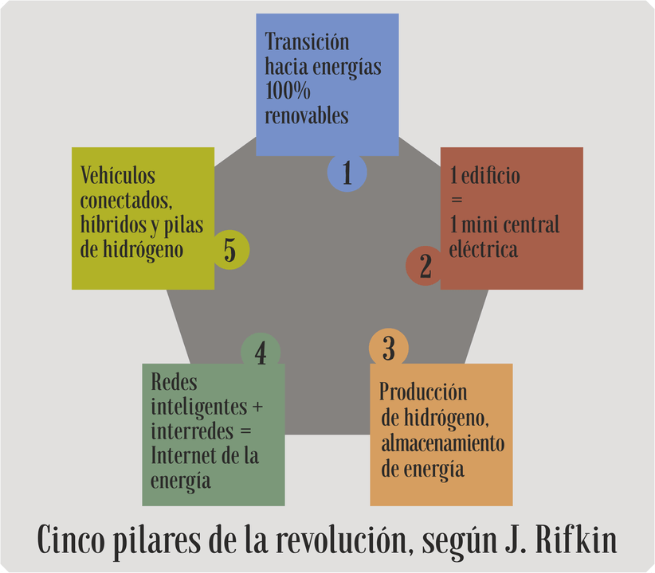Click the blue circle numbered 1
pyautogui.click(x=347, y=173)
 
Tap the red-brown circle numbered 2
pyautogui.click(x=425, y=266)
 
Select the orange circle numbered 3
pyautogui.click(x=389, y=348)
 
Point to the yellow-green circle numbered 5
pyautogui.click(x=229, y=250)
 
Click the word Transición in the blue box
pyautogui.click(x=307, y=42)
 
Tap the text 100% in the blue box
pyautogui.click(x=288, y=91)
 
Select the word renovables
pyautogui.click(x=307, y=115)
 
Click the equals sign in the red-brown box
pyautogui.click(x=457, y=200)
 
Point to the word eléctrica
pyautogui.click(x=484, y=249)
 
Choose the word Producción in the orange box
pyautogui.click(x=423, y=392)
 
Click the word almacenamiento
pyautogui.click(x=443, y=443)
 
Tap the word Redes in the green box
pyautogui.click(x=174, y=381)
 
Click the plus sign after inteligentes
pyautogui.click(x=257, y=407)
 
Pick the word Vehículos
pyautogui.click(x=117, y=175)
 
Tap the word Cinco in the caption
pyautogui.click(x=71, y=540)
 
